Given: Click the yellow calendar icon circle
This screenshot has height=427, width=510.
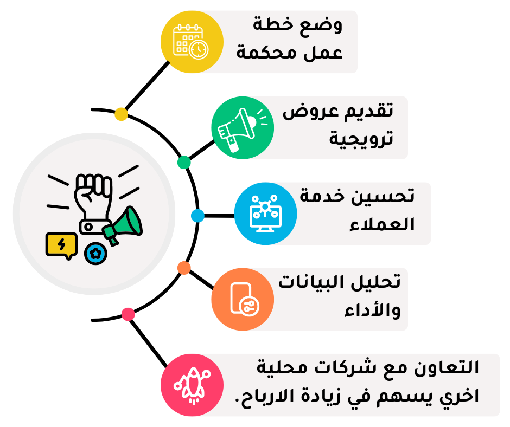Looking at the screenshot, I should pos(193,42).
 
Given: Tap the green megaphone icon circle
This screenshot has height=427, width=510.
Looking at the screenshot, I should pos(243,128).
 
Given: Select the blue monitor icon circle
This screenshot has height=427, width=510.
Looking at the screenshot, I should pos(265,213).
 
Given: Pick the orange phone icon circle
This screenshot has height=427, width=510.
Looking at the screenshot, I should pos(243,299).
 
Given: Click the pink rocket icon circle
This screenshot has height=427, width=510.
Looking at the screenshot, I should pos(193,385).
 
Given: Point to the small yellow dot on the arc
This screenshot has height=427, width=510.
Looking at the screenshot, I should pos(122,114).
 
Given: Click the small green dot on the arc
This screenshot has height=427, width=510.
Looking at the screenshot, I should pos(184,162).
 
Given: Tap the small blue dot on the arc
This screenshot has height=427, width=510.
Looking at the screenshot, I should pos(197,216).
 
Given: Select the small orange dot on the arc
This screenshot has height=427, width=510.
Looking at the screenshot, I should pos(184,268).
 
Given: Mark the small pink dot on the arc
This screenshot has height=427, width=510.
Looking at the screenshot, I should pos(128,314).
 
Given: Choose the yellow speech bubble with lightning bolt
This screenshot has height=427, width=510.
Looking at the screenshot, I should pos(60,245).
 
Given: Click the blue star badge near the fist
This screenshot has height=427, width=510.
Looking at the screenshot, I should pos(95,253).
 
